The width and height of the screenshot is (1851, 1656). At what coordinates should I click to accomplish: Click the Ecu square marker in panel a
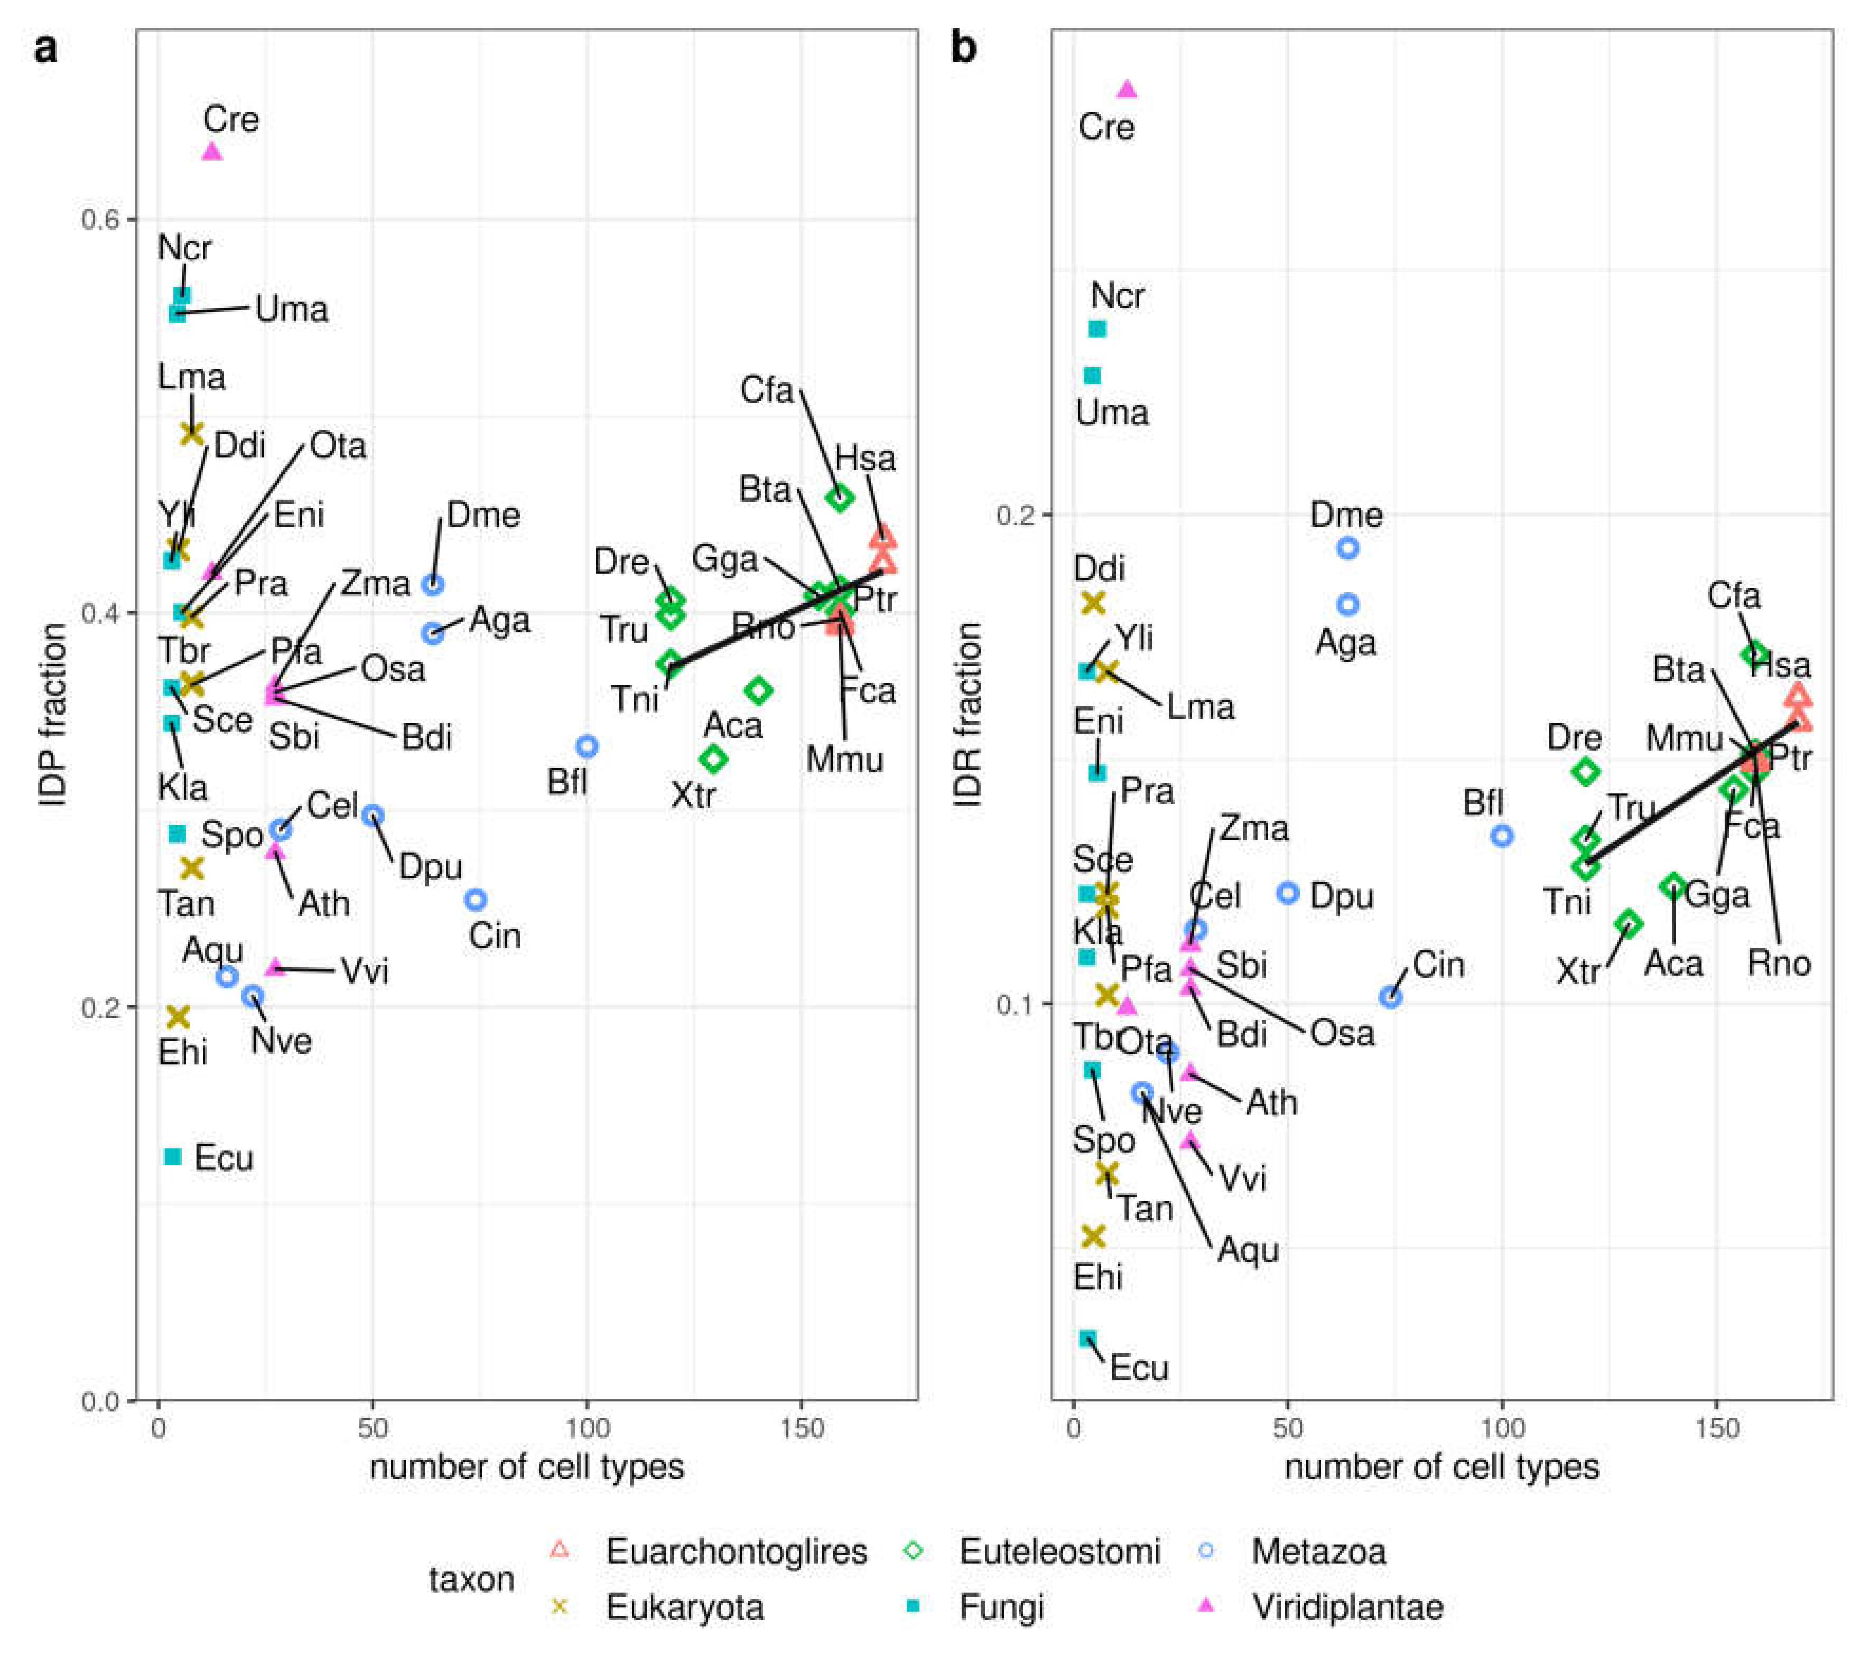click(x=173, y=1156)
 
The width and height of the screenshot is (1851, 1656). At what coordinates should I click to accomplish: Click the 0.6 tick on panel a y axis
click(x=100, y=219)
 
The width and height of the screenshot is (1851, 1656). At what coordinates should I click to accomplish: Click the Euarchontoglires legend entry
click(x=736, y=1551)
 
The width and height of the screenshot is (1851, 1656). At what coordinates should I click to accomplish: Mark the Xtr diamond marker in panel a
click(x=713, y=758)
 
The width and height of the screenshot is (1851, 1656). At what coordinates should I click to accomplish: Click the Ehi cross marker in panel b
click(x=1093, y=1236)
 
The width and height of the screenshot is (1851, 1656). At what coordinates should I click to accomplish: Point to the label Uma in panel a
click(x=291, y=310)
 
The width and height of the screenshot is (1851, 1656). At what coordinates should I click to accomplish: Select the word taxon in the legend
click(x=471, y=1579)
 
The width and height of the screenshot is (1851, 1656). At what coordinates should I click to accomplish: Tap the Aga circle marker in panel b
click(x=1348, y=604)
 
